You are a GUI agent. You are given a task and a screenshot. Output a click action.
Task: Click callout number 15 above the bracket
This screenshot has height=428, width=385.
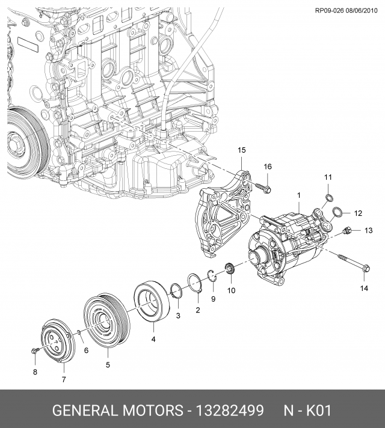tap(241, 150)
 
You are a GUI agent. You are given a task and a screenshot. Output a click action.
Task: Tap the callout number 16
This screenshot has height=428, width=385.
tap(268, 167)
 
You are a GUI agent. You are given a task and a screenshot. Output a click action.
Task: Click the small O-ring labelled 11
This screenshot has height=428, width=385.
tap(328, 198)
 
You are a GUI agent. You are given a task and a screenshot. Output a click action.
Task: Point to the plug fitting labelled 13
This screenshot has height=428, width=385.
tap(346, 231)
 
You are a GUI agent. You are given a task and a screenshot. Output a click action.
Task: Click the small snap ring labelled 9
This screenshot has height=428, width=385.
tap(212, 276)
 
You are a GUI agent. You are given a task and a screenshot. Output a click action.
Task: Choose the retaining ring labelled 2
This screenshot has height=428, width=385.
tap(194, 284)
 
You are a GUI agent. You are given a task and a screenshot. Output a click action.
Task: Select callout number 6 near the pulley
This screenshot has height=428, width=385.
tap(86, 350)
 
